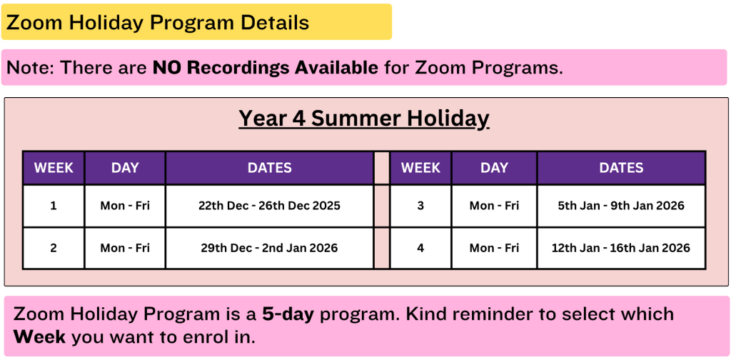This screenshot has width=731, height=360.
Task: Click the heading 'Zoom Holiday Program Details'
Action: click(158, 22)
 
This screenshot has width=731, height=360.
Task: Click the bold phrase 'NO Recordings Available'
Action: click(266, 68)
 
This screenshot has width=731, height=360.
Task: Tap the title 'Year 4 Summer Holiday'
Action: click(364, 119)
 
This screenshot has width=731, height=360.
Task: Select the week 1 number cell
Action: click(54, 206)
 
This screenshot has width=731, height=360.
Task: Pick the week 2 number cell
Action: click(54, 248)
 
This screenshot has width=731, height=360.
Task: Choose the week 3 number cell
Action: click(420, 206)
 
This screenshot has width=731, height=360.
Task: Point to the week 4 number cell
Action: click(420, 248)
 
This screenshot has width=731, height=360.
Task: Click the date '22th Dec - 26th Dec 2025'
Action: click(269, 206)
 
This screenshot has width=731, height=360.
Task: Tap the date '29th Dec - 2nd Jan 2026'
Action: click(269, 248)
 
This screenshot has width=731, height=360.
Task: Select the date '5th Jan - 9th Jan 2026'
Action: click(621, 206)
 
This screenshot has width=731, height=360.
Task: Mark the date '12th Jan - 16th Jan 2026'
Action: click(621, 248)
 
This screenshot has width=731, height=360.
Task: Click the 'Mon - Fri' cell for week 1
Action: click(125, 206)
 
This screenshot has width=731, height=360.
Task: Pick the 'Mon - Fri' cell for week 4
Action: click(494, 248)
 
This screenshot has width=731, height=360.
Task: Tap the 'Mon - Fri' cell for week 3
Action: click(494, 206)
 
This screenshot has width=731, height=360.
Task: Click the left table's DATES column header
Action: click(269, 168)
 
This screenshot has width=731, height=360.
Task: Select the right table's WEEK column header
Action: click(420, 168)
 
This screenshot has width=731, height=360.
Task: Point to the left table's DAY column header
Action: click(125, 168)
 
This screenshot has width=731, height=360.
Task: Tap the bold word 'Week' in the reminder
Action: click(40, 336)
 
